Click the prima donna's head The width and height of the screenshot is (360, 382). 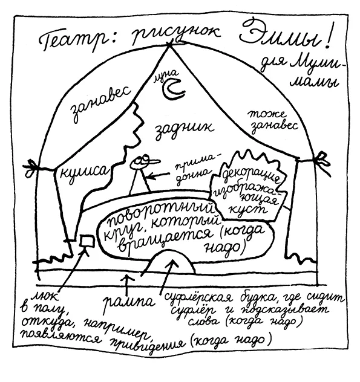tap(143, 161)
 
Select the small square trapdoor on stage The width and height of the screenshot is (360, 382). tap(87, 241)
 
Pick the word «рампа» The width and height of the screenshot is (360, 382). tap(128, 303)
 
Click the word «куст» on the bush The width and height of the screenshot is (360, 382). tap(248, 209)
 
